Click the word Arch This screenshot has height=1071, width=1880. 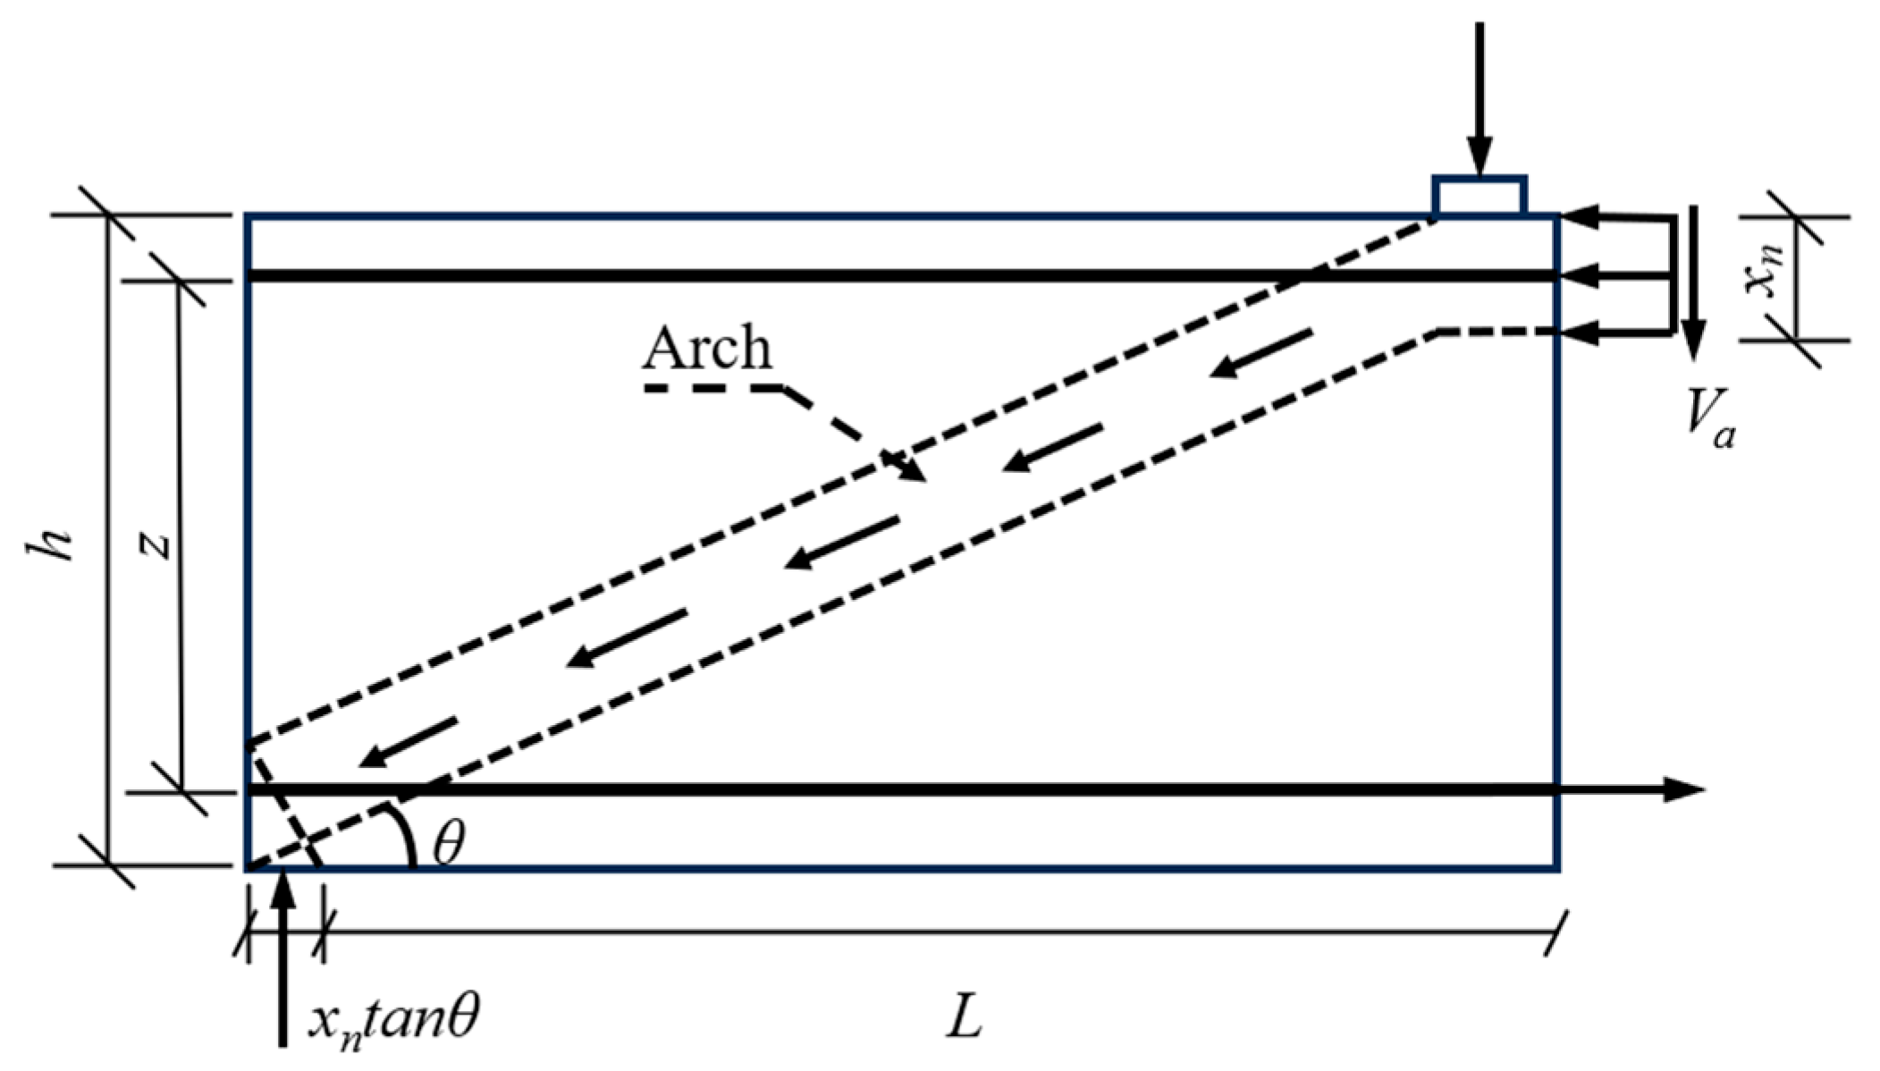(706, 348)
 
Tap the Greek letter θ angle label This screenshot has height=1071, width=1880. (449, 842)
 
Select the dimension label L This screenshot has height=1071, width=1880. (964, 1017)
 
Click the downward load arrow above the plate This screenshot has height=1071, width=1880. (1479, 98)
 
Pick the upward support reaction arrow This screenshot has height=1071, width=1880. (282, 966)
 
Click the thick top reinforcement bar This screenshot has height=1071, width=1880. (805, 276)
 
